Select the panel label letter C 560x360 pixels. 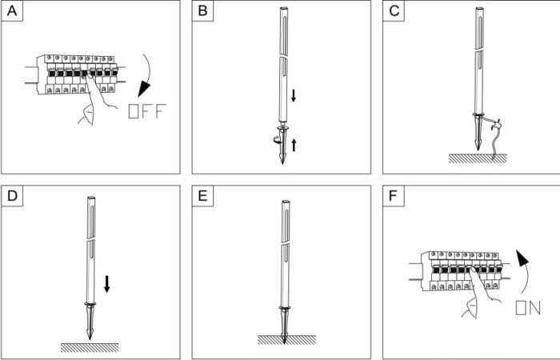(x=394, y=13)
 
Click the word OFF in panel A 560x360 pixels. (x=146, y=111)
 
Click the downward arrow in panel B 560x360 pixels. (x=294, y=97)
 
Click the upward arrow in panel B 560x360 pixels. (x=294, y=144)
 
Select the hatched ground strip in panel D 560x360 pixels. (x=89, y=347)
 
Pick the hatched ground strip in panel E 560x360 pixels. (x=286, y=339)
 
